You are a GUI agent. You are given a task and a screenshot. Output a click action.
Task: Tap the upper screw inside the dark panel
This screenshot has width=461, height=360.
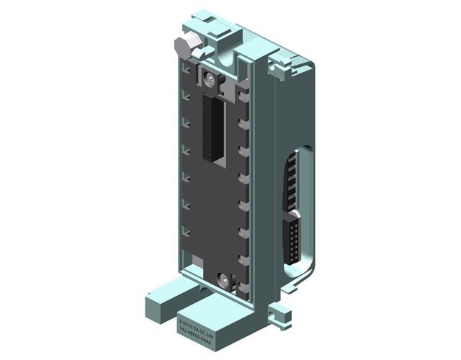coord(210,79)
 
